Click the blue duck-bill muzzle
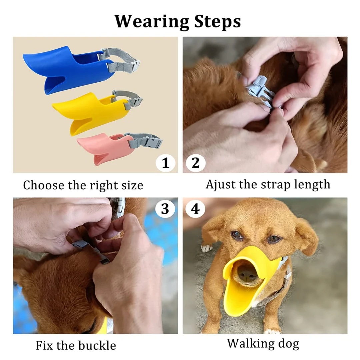[x=67, y=68]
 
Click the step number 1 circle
[x=166, y=163]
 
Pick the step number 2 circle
[x=195, y=163]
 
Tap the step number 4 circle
[x=195, y=209]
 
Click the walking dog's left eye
[x=237, y=235]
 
